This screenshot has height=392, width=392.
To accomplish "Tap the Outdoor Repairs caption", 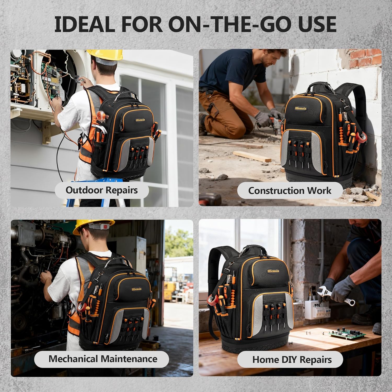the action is coord(102,190).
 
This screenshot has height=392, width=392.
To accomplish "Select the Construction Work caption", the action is coord(290,191).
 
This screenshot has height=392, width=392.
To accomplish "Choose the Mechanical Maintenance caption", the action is coord(103,359).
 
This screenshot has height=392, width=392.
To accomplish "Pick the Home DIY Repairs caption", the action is coord(292,360).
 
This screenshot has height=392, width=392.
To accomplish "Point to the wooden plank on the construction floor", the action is coord(252,156).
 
